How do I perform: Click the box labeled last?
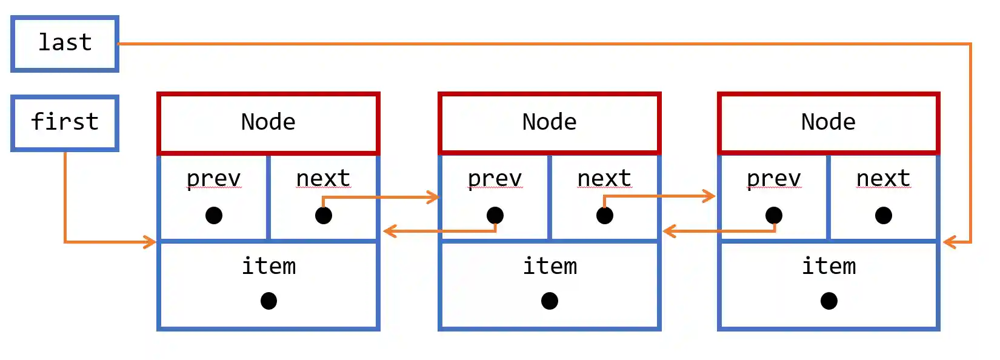[x=65, y=44]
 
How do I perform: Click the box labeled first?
[x=65, y=122]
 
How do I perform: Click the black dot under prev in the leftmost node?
[x=214, y=215]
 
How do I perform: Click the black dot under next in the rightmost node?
[x=884, y=215]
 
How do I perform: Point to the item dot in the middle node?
[x=550, y=301]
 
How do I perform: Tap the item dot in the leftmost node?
[x=268, y=301]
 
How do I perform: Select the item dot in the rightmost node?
[x=829, y=301]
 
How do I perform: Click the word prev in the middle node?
[x=495, y=179]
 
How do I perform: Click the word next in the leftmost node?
[x=323, y=179]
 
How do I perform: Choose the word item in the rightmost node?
[x=829, y=266]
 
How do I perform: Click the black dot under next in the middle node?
[x=605, y=215]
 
